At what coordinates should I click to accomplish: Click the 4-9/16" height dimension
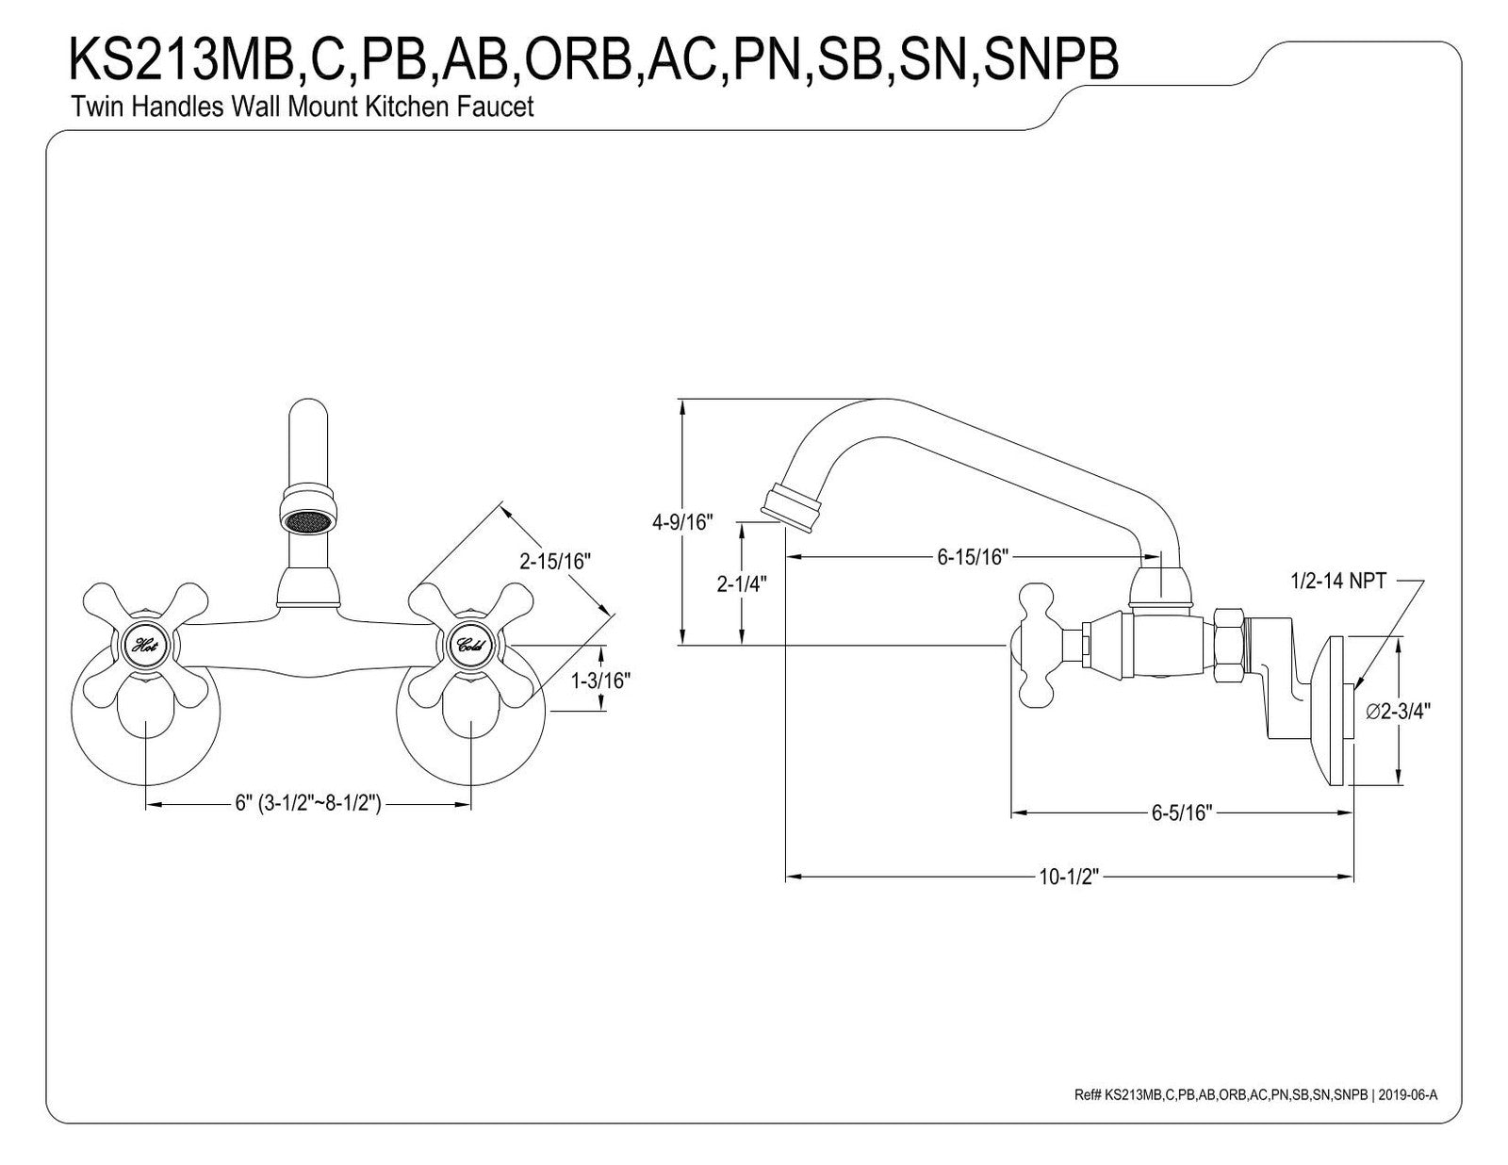(x=682, y=522)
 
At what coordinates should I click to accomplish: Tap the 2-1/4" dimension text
(x=742, y=583)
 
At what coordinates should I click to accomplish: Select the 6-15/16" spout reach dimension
(x=972, y=556)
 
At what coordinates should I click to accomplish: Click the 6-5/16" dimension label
(x=1182, y=812)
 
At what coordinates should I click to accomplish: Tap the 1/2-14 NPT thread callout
(x=1338, y=581)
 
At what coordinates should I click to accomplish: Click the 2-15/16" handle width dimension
(x=555, y=561)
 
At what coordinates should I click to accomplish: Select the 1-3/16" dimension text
(x=600, y=681)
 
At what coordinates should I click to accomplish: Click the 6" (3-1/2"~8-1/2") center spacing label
(x=308, y=803)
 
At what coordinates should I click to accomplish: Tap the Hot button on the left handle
(x=146, y=646)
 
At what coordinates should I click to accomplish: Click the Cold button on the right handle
(x=471, y=646)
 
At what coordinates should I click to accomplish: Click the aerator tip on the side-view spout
(x=792, y=512)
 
